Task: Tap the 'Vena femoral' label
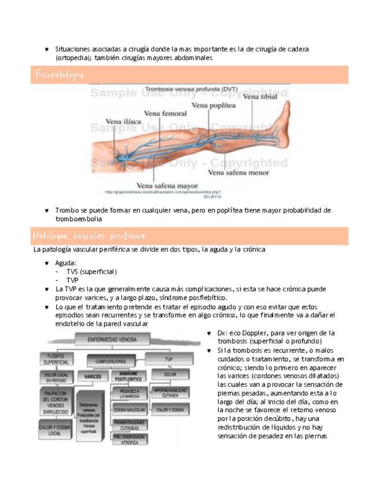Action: tap(165, 113)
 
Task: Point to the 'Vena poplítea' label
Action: tap(214, 105)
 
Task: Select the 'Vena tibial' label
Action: tap(260, 97)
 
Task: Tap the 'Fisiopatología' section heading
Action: tap(60, 75)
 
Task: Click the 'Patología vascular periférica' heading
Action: tap(90, 236)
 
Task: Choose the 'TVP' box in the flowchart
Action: tap(170, 359)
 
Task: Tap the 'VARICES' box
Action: tap(93, 376)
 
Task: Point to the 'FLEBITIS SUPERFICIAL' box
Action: tap(56, 359)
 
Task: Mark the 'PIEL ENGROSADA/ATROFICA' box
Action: tap(128, 439)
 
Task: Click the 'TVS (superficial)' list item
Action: tap(91, 272)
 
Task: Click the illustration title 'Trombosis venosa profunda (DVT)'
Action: tap(182, 89)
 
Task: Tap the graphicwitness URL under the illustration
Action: tap(163, 192)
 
